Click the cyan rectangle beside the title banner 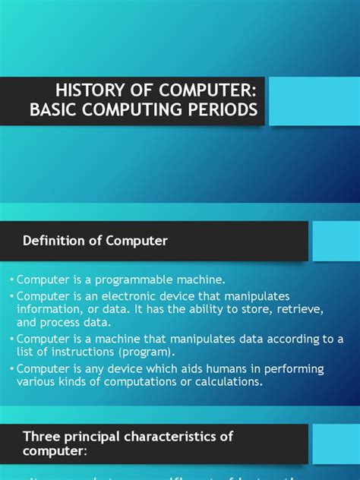(x=314, y=101)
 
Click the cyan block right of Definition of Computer (x=335, y=241)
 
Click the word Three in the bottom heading (x=40, y=436)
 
